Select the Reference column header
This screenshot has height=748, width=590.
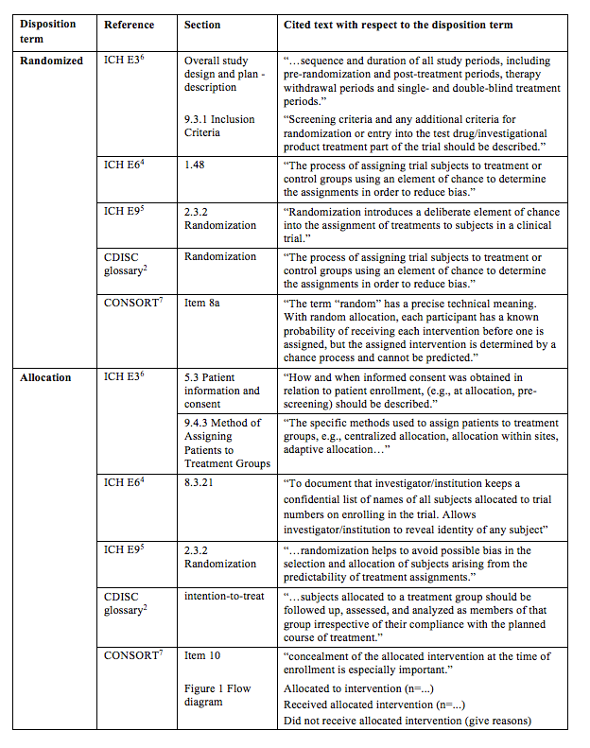tap(129, 25)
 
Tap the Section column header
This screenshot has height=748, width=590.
tap(203, 25)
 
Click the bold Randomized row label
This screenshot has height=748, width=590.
tap(54, 61)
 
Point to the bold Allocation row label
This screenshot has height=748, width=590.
tap(46, 377)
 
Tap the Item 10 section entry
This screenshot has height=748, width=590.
tap(206, 655)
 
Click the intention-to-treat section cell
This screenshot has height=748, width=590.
tap(224, 597)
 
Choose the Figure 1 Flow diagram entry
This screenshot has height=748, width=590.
tap(217, 695)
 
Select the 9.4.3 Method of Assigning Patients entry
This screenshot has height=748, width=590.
tap(227, 443)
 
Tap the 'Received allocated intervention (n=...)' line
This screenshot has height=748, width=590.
tap(374, 705)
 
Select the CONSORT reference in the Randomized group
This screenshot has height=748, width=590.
tap(132, 303)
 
